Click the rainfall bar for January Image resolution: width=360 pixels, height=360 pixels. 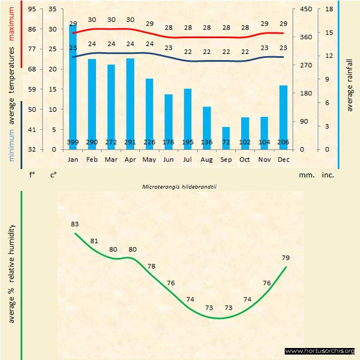coord(73,87)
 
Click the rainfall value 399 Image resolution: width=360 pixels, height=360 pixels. coord(73,142)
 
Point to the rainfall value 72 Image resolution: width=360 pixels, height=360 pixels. coord(226,142)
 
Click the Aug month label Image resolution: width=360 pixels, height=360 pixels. coord(207,160)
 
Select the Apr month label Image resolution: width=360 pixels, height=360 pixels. coord(130,160)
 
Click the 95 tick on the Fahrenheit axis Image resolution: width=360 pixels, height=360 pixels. coord(32,9)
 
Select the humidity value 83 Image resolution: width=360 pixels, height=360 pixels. coord(75,224)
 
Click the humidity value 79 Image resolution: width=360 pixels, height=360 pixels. coord(285,257)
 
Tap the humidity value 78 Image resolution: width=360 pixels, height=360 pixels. coord(151,266)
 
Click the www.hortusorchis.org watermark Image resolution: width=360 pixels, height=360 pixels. coord(320,351)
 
